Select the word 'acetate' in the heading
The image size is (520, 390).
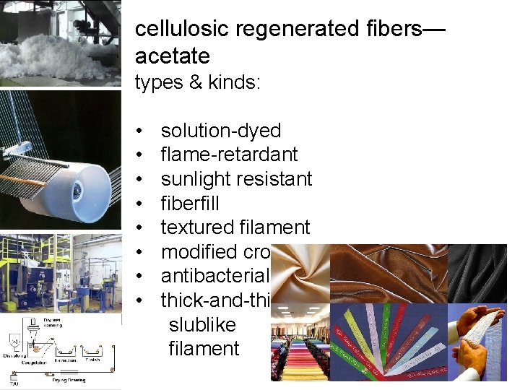[172, 56]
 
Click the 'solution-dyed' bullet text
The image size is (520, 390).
[220, 131]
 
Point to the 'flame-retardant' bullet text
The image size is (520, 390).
[229, 155]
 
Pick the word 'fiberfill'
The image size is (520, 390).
[190, 203]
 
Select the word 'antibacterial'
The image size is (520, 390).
[214, 276]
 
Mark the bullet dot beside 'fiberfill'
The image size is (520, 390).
[138, 204]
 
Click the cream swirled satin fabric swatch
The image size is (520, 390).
[300, 274]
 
